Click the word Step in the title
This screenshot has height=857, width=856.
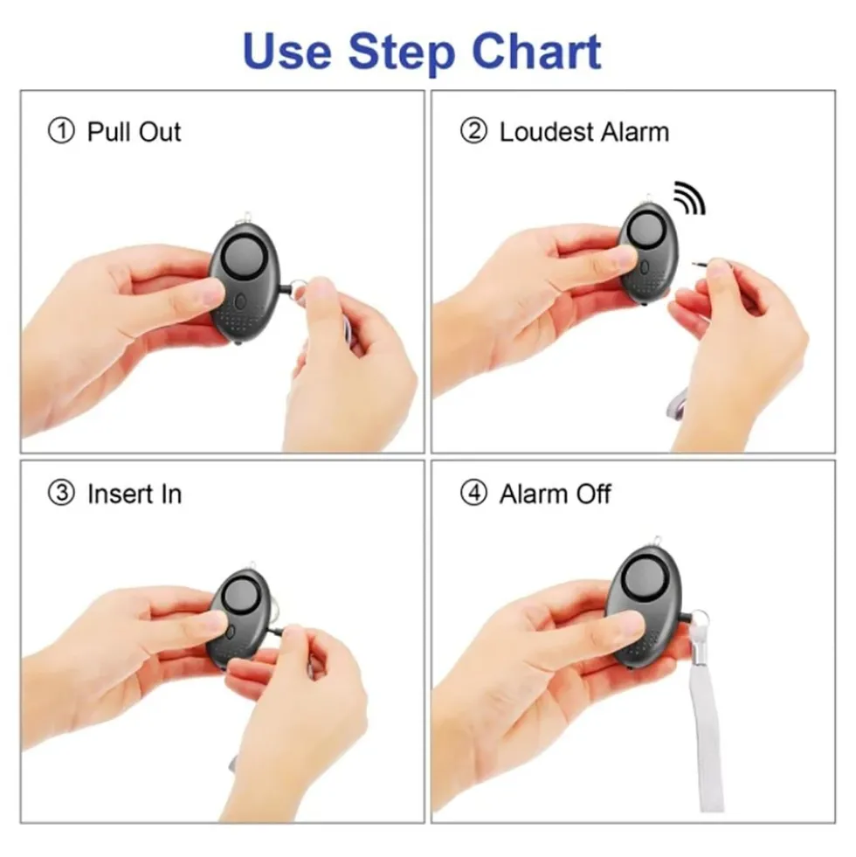click(x=401, y=53)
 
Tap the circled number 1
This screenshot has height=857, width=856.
click(x=61, y=132)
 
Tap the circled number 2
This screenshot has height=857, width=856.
click(x=473, y=132)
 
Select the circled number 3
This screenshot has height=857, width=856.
click(x=61, y=493)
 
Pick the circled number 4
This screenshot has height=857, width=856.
click(x=473, y=493)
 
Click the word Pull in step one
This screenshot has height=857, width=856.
click(x=109, y=132)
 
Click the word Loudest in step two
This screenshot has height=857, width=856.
click(x=546, y=132)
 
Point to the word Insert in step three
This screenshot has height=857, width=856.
click(x=120, y=494)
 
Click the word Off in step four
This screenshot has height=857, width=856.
click(x=593, y=494)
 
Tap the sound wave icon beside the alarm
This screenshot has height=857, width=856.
click(x=690, y=197)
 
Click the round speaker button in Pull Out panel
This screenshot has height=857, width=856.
click(x=245, y=257)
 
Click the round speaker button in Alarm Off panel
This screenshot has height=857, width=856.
click(x=646, y=580)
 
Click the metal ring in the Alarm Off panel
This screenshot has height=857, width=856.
click(x=701, y=619)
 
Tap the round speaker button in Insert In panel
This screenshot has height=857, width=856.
click(x=241, y=598)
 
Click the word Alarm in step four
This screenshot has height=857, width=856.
click(x=533, y=494)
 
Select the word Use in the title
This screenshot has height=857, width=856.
click(x=287, y=51)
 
